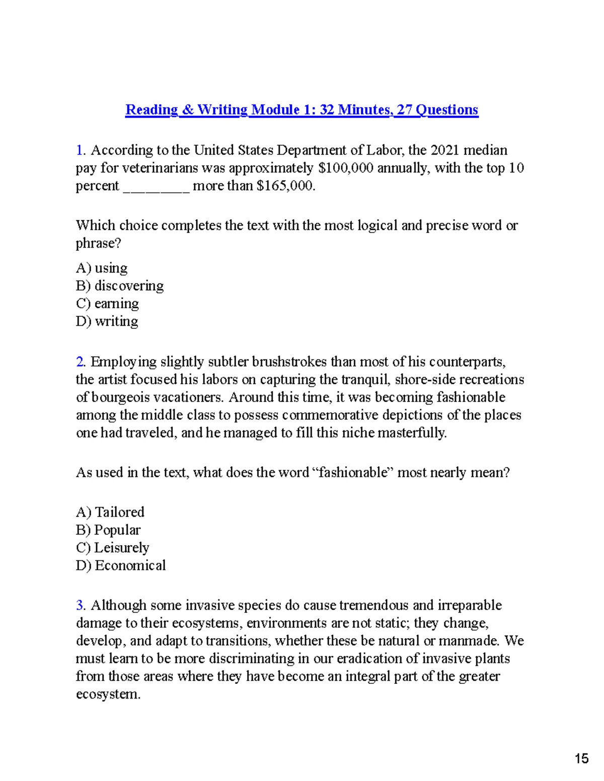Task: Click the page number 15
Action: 581,758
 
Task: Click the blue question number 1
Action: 80,150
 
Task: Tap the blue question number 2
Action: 80,362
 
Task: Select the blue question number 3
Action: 80,605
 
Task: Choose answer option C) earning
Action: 107,304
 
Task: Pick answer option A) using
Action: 102,268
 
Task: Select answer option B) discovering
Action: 120,286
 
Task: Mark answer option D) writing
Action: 107,321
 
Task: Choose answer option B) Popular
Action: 108,530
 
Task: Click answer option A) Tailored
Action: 110,512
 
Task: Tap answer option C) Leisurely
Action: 112,548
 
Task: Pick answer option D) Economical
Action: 121,566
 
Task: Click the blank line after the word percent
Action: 156,187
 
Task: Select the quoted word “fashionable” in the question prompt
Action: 353,473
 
